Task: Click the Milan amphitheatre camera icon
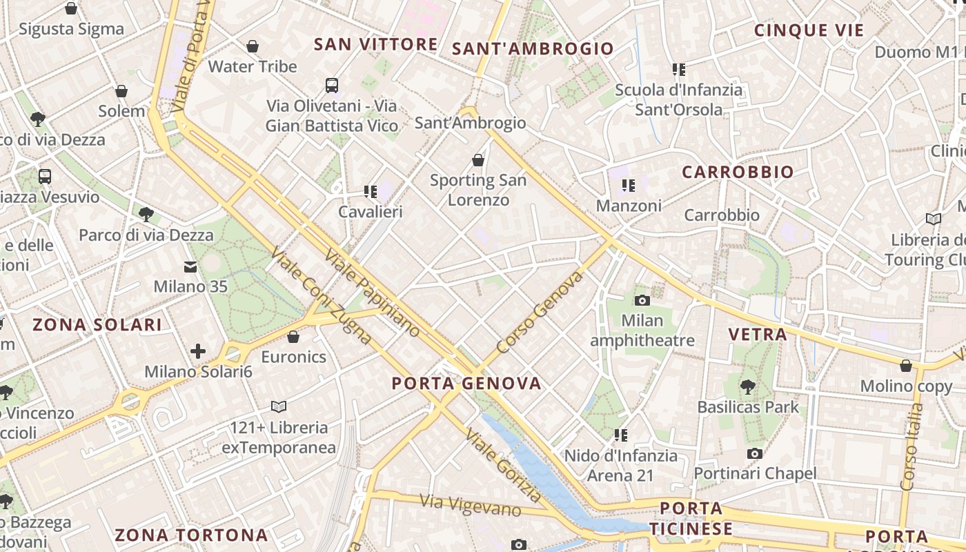point(642,300)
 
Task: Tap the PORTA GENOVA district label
point(467,384)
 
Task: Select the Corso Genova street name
point(540,313)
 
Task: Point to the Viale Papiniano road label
point(372,294)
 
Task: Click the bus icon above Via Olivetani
point(332,86)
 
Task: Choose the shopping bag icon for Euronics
point(293,337)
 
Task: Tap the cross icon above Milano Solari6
point(198,351)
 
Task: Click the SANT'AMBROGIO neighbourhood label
point(533,48)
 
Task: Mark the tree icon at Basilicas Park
point(747,386)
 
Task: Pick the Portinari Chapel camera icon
point(755,453)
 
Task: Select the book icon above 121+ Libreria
point(279,406)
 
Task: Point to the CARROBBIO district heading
point(738,172)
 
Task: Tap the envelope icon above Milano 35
point(190,266)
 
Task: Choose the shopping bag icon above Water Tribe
point(253,46)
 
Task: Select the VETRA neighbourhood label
point(758,335)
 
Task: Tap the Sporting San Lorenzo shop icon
point(477,161)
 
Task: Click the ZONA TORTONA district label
point(191,535)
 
